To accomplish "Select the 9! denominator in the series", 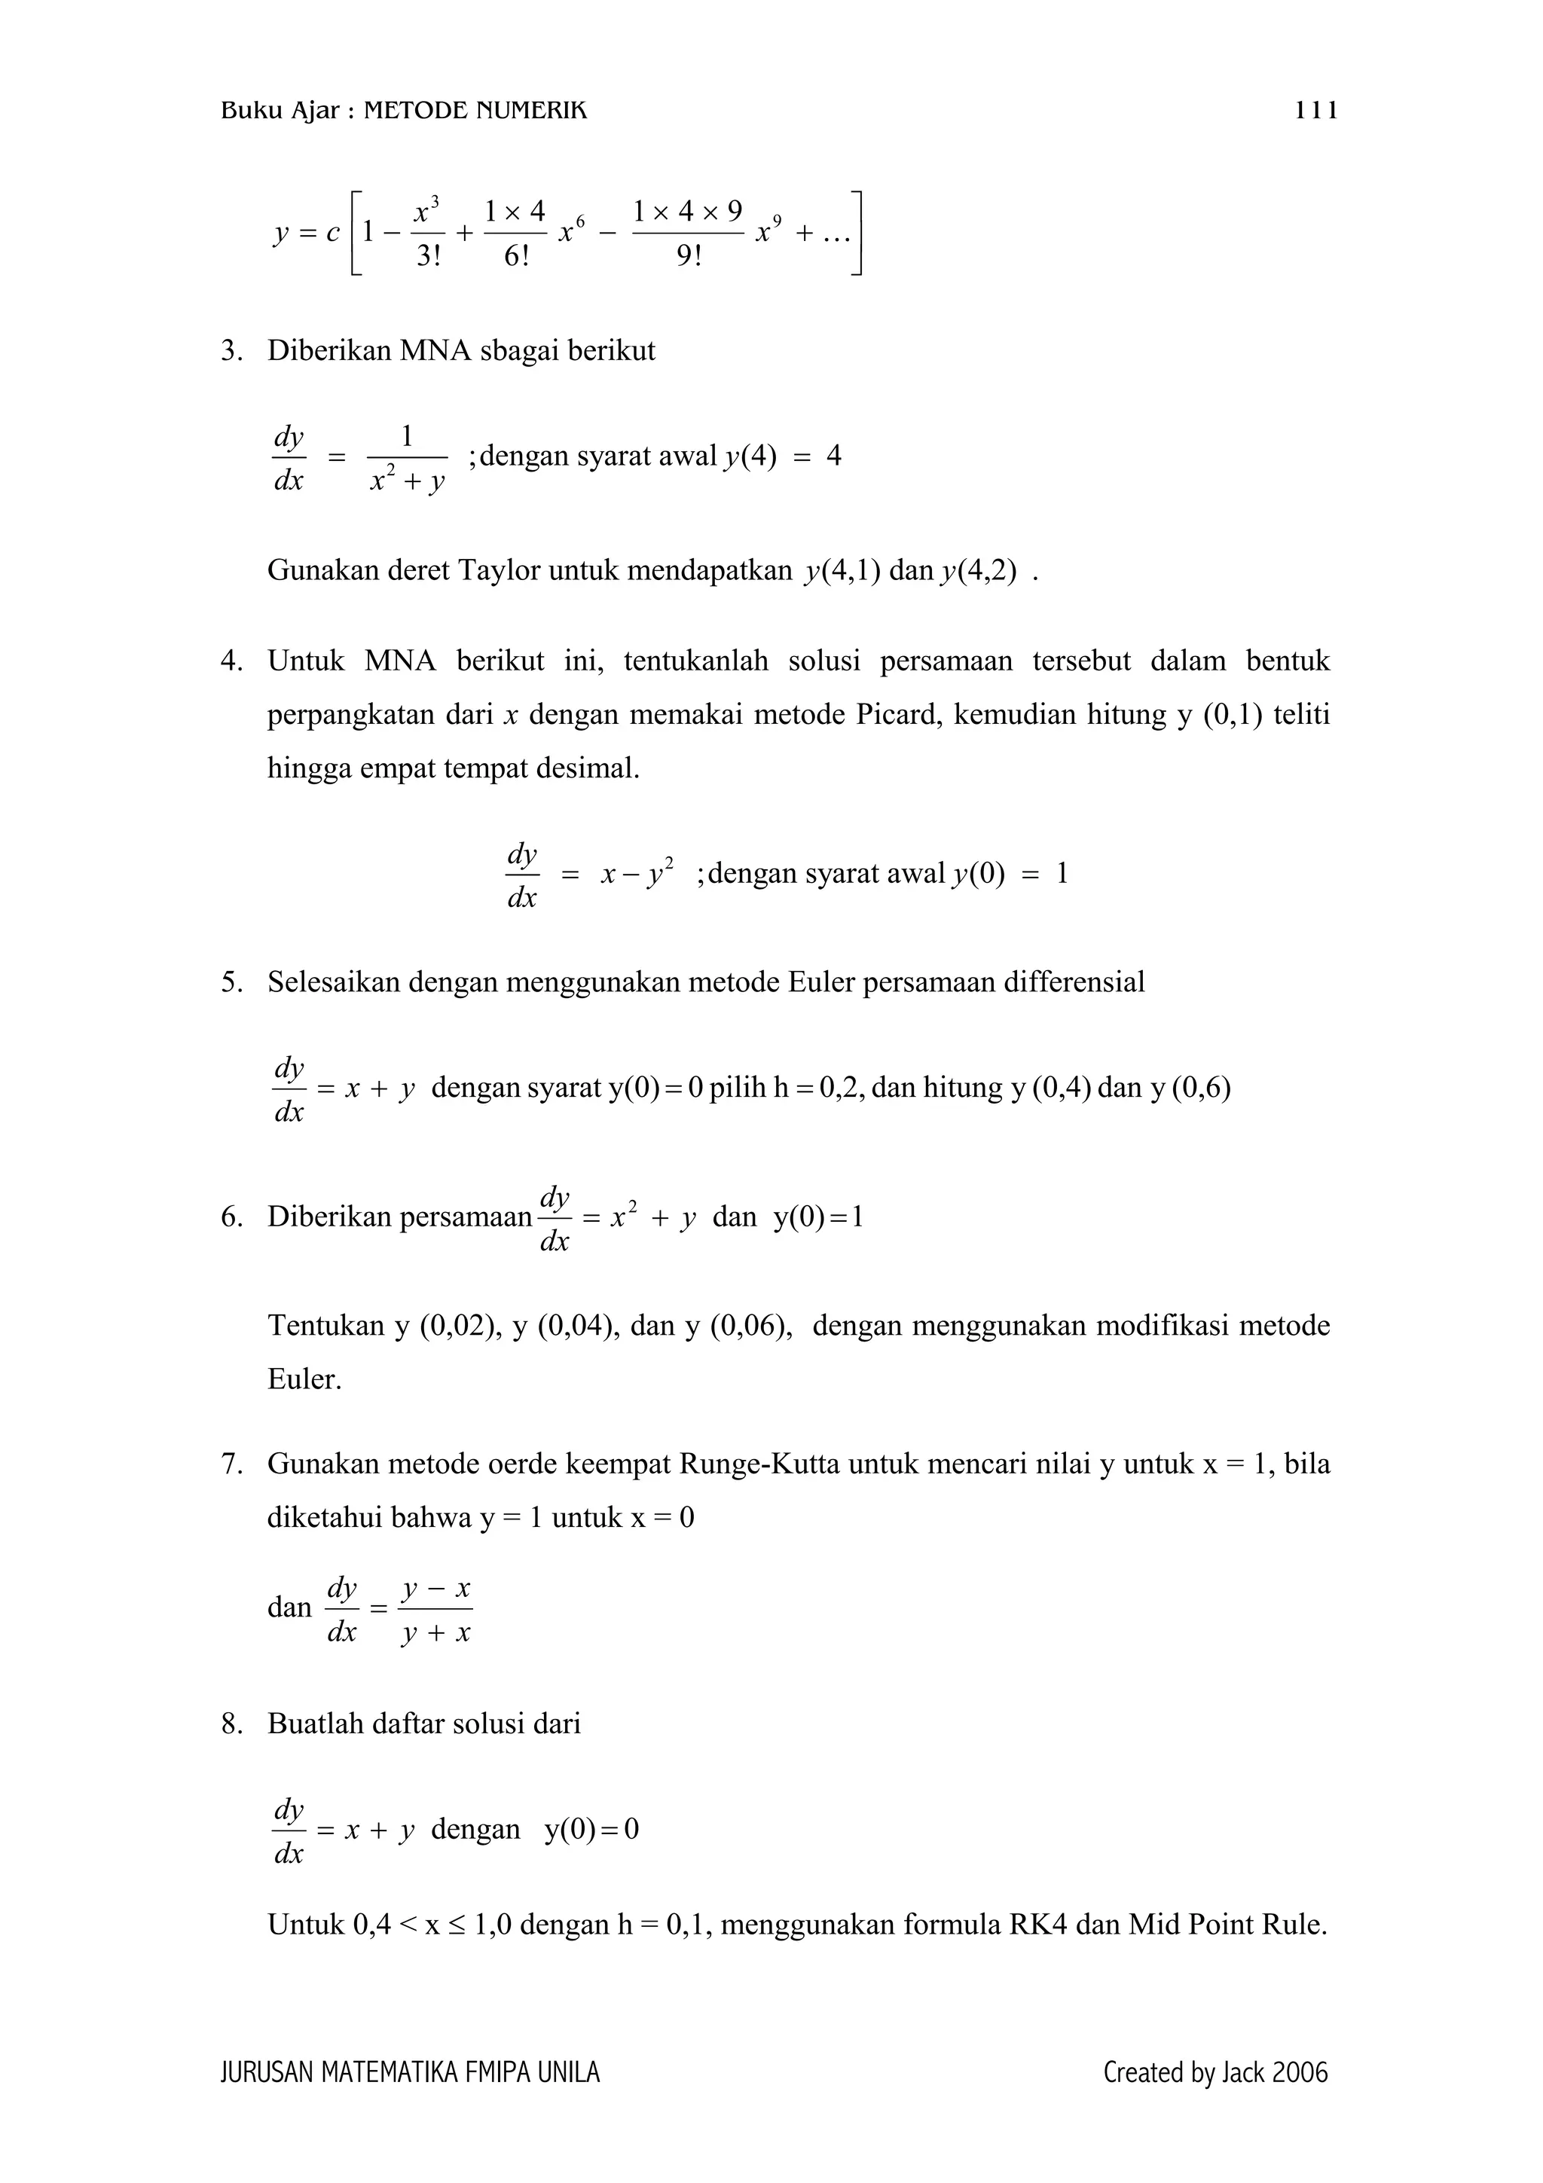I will point(689,257).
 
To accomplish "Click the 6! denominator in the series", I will point(515,257).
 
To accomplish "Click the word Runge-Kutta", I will point(759,1464).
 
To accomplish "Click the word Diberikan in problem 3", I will point(329,351).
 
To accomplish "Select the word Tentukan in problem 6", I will point(325,1326).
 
